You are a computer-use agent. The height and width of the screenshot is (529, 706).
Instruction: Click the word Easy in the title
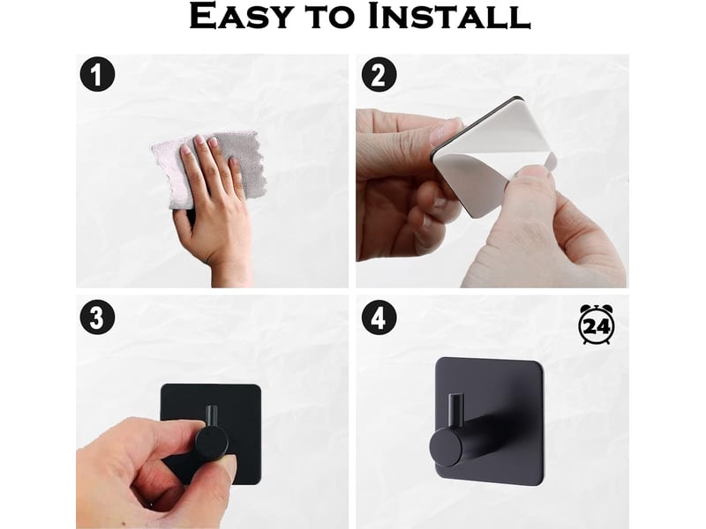tap(240, 16)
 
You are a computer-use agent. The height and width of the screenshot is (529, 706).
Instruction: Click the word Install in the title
tap(448, 16)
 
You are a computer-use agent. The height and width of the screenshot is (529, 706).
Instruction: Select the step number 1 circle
tap(97, 74)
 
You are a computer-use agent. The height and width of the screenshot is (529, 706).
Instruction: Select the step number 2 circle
tap(379, 74)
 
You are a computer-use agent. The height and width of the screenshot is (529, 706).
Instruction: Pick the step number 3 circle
tap(97, 317)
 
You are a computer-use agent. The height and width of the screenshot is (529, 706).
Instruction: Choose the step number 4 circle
tap(379, 317)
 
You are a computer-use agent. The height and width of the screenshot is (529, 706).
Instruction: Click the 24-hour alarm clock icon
tap(597, 324)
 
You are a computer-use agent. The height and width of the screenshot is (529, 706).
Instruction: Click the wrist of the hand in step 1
tap(230, 270)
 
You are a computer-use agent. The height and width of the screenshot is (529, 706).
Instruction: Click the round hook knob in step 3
tap(212, 443)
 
